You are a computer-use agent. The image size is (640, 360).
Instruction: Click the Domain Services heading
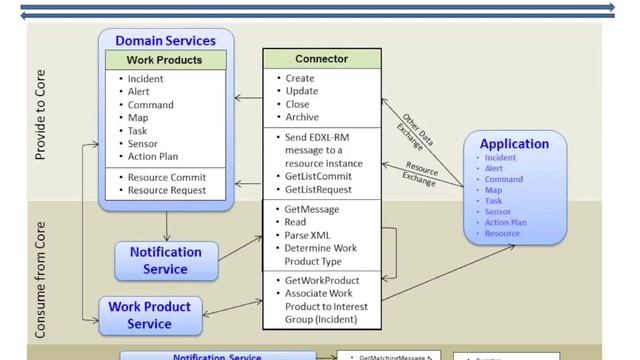[165, 41]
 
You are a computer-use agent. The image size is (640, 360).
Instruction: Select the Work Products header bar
[164, 60]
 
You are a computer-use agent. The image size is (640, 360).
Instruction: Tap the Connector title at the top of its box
[321, 59]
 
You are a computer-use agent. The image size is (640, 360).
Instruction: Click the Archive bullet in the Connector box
[302, 116]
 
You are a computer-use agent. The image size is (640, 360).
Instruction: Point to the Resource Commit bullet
[167, 177]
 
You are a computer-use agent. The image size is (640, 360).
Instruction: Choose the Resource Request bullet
[167, 190]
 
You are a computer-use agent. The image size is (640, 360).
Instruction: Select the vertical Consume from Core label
[41, 271]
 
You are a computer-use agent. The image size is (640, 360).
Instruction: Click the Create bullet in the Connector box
[300, 78]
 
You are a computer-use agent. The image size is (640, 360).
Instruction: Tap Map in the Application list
[494, 190]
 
